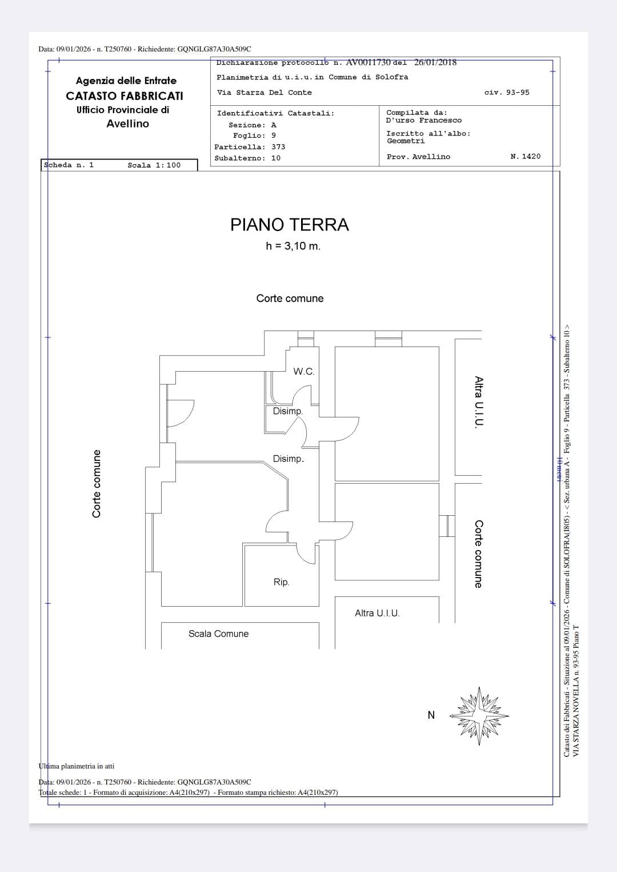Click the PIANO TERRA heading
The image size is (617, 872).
point(290,225)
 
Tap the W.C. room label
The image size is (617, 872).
point(303,371)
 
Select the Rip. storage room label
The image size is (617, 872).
point(281,582)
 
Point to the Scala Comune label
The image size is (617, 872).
point(218,634)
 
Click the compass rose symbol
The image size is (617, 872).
point(479,715)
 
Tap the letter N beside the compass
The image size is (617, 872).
point(431,715)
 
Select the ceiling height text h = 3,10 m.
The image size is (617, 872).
point(293,246)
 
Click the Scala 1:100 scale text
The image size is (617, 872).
point(154,165)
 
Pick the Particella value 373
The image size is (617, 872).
point(279,147)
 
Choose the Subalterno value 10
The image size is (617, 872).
point(276,158)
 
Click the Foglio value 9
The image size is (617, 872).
point(274,136)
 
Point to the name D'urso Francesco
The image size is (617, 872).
point(424,120)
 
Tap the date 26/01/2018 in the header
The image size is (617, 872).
point(435,62)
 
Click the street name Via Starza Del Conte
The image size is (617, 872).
point(265,93)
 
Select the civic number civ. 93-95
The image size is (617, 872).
point(507,92)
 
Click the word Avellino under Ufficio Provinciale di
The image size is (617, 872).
point(127,124)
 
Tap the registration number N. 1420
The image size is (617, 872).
point(526,156)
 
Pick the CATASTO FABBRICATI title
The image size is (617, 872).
point(125,95)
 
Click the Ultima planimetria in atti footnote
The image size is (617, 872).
point(76,766)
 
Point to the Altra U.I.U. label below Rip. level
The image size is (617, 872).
point(377,613)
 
